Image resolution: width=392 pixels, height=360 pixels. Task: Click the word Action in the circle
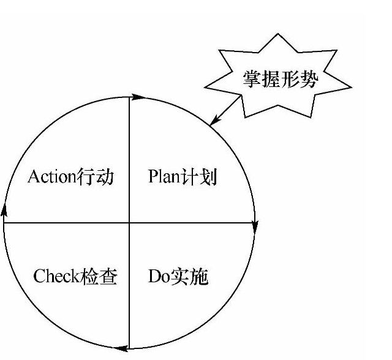point(51,178)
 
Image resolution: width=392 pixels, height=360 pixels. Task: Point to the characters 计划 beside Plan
point(200,178)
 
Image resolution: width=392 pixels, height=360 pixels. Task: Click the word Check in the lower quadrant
point(56,277)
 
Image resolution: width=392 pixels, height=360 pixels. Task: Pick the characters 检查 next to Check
point(99,277)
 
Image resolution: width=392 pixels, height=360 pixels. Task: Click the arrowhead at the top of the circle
point(138,96)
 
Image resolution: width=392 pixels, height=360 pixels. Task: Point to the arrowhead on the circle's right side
point(255,227)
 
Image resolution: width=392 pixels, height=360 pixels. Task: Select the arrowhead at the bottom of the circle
point(121,349)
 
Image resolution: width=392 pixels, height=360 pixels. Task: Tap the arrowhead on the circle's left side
point(4,211)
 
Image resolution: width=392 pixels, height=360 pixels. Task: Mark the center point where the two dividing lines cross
point(129,223)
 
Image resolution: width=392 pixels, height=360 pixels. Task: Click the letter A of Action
point(34,178)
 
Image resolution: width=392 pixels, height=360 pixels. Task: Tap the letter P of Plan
point(153,178)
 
